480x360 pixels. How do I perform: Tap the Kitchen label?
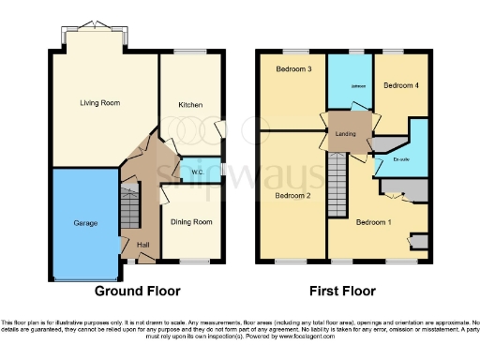point(191,105)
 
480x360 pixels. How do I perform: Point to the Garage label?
point(86,223)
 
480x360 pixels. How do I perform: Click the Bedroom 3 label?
point(293,69)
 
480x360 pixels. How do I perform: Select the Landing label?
point(346,134)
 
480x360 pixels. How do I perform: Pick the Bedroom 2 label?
point(292,195)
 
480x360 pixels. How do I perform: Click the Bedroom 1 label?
point(374,221)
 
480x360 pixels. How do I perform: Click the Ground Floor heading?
point(138,291)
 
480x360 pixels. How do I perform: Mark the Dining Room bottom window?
point(193,261)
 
